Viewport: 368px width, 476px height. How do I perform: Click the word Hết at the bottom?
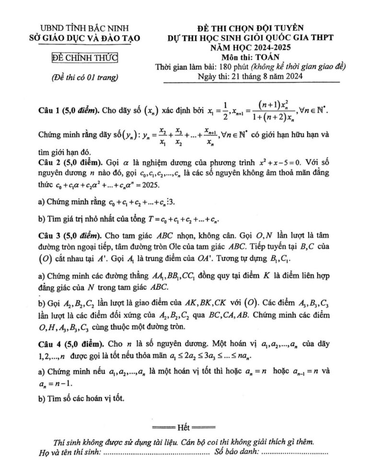coord(184,427)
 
